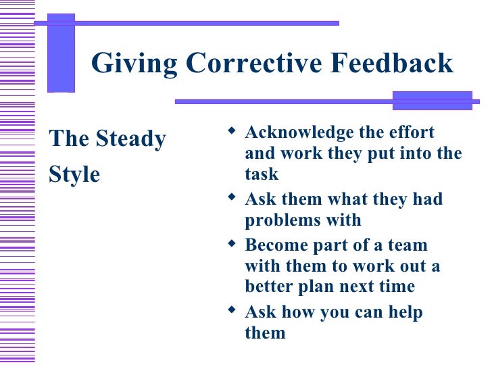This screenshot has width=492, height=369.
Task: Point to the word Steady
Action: pyautogui.click(x=131, y=139)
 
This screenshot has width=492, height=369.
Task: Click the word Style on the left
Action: pyautogui.click(x=74, y=174)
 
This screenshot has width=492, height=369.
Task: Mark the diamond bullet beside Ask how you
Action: pyautogui.click(x=232, y=310)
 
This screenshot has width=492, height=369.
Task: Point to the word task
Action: pyautogui.click(x=262, y=174)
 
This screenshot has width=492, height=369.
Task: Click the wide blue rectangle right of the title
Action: pyautogui.click(x=433, y=100)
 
